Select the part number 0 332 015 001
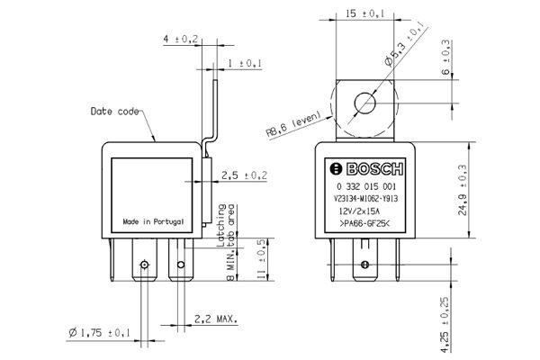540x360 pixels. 365,184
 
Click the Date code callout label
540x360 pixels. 115,112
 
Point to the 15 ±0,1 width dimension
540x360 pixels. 365,13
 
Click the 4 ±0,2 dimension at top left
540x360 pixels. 180,40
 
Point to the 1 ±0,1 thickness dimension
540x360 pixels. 244,63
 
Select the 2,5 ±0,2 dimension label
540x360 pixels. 245,175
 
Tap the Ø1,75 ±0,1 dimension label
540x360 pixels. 98,333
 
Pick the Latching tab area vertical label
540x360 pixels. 224,226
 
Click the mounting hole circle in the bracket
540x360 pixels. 365,103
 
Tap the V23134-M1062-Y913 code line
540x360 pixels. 365,197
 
